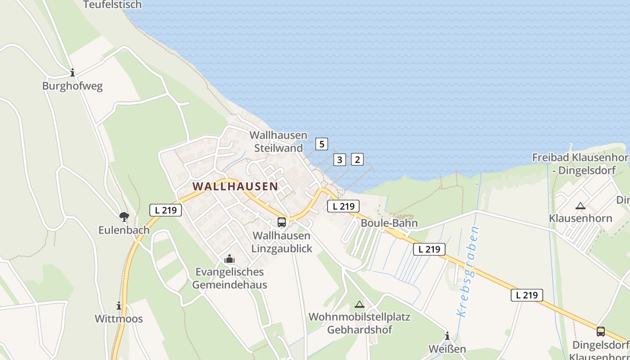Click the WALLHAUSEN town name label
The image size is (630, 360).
(235, 186)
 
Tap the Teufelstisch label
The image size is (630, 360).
(112, 5)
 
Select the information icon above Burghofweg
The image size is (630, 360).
(72, 72)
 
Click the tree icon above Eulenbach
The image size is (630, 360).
(124, 217)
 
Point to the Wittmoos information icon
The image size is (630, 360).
(119, 306)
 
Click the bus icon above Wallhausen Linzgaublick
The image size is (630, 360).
(282, 222)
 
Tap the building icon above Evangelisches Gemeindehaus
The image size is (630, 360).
(229, 259)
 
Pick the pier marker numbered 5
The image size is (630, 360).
(321, 144)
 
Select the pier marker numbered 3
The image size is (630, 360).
(340, 159)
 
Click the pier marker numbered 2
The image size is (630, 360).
(357, 159)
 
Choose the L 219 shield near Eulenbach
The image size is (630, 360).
(166, 210)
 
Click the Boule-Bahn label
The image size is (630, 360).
(389, 223)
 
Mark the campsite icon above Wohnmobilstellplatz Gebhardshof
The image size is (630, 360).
(359, 305)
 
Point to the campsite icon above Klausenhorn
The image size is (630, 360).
(580, 206)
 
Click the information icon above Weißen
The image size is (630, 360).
(447, 336)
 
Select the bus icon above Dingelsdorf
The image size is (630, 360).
(601, 332)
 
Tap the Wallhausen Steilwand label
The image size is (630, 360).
(279, 141)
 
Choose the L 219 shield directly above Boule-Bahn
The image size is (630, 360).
(343, 206)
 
